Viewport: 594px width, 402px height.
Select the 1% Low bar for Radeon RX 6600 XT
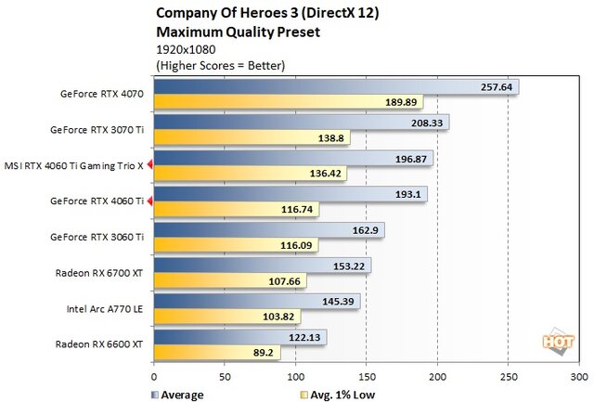coord(216,352)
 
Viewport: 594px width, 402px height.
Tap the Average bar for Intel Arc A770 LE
coord(256,302)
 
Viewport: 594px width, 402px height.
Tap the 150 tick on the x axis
coord(367,377)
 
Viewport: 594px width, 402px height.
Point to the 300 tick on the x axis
coord(578,377)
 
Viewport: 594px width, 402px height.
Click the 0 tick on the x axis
coord(154,377)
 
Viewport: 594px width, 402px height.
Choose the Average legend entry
coord(177,394)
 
